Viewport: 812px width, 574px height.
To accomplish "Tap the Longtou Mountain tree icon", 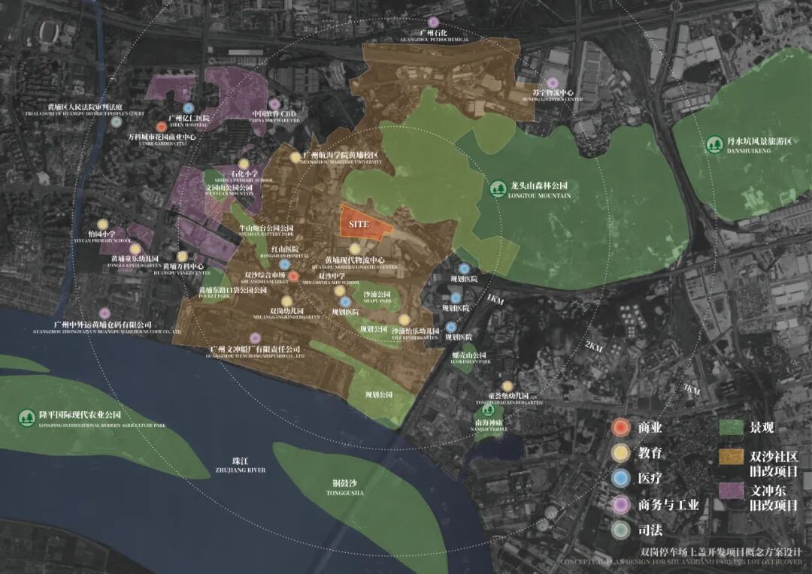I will (496, 189).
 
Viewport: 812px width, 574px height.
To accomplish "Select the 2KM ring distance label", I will (593, 347).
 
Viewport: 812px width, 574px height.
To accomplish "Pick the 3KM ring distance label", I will (690, 390).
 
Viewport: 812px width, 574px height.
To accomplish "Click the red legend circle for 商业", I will (620, 427).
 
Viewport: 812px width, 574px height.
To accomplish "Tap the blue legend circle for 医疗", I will (620, 479).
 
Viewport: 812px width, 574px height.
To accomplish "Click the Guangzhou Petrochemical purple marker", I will (434, 23).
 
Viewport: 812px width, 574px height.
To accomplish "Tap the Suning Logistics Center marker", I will (553, 83).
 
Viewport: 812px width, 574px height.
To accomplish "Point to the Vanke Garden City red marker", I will (162, 127).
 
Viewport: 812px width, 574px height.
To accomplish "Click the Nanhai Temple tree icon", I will (488, 410).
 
